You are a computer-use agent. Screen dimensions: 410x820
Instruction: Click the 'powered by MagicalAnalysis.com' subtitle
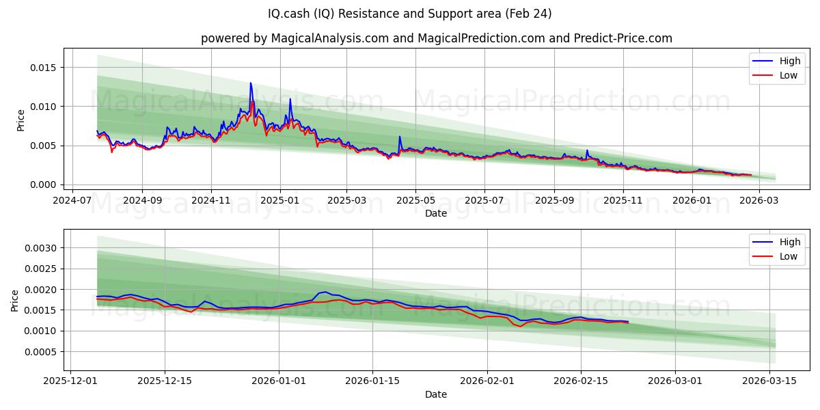pos(436,38)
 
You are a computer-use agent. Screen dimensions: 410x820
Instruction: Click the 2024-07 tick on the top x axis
pos(73,200)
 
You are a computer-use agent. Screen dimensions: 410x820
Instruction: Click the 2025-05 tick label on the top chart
pos(416,200)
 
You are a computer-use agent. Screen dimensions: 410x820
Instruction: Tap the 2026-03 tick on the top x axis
pos(758,200)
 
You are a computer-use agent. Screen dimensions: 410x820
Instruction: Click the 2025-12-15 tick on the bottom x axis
pos(164,381)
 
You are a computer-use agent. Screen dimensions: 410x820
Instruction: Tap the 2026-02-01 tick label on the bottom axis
pos(487,381)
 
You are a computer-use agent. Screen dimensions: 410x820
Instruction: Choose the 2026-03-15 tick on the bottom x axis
pos(770,381)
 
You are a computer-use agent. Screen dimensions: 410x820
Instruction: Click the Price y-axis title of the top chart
pos(20,120)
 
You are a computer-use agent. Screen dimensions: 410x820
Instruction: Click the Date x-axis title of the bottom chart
pos(436,394)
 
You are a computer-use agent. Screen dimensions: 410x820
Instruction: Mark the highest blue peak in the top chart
pos(251,83)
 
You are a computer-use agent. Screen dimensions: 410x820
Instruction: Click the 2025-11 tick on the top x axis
pos(623,200)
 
